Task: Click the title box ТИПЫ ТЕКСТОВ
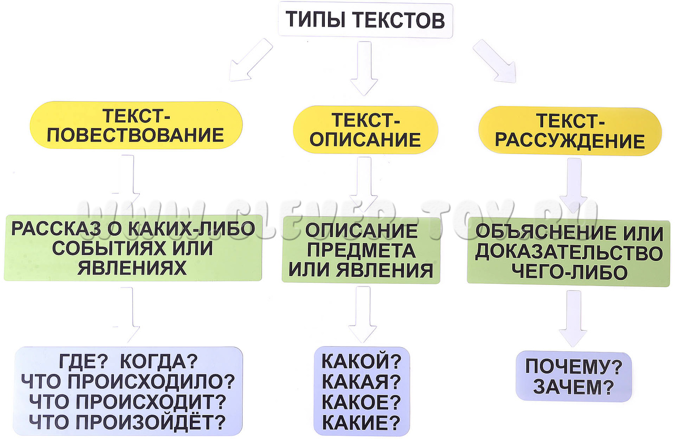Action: [x=365, y=20]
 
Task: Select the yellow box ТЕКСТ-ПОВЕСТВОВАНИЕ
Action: [x=136, y=126]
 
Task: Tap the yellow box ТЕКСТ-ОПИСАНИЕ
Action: [x=365, y=130]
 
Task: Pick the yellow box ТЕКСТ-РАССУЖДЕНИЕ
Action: [x=570, y=131]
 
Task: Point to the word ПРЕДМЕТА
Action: [x=361, y=251]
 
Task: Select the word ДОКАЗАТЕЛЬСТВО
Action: [x=568, y=253]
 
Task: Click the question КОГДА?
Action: [x=159, y=362]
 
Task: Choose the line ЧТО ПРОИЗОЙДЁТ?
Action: [x=128, y=422]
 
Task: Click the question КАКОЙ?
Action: [x=361, y=362]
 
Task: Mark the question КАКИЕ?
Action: [x=361, y=423]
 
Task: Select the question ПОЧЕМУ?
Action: [x=574, y=367]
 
